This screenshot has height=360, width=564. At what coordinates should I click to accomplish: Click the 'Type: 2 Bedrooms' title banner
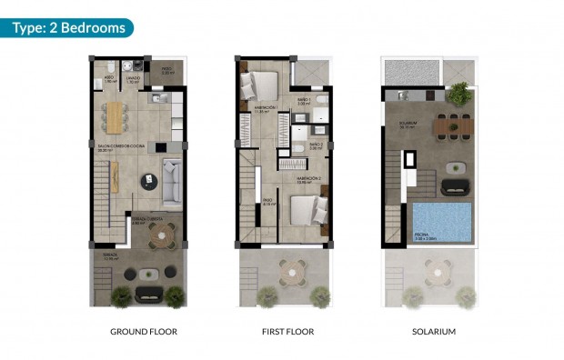(x=68, y=27)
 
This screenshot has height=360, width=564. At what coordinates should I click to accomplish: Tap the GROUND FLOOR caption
(x=144, y=332)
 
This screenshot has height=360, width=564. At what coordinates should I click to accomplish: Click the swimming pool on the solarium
(x=442, y=219)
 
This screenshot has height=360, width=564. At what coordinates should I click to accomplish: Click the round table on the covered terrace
(x=162, y=237)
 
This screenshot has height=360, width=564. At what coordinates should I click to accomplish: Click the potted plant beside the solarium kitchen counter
(x=459, y=91)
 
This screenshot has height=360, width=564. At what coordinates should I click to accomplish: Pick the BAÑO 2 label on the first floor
(x=316, y=144)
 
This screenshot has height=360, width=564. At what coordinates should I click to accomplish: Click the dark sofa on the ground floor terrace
(x=147, y=293)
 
